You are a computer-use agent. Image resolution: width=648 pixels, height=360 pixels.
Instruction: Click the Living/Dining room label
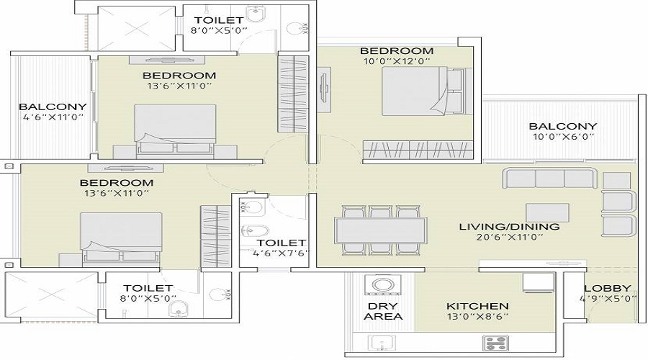coord(509,227)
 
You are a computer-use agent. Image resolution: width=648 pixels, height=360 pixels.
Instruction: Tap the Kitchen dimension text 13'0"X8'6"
coord(477,317)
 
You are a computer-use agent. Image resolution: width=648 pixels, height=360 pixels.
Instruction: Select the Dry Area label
coord(383,311)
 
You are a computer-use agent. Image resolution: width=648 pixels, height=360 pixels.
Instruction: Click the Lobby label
coord(608,289)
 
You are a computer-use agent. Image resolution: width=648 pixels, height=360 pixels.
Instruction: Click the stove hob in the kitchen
coord(495,343)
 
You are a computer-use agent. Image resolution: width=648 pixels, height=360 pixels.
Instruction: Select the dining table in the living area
coord(381,230)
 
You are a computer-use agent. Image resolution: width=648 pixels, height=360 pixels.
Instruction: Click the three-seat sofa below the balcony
coord(550,178)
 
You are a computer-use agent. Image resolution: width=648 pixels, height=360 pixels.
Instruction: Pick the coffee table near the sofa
coord(547,212)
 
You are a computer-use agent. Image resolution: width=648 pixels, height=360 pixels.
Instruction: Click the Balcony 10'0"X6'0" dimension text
coord(563,137)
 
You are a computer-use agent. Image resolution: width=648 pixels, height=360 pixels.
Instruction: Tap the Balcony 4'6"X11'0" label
coord(53,112)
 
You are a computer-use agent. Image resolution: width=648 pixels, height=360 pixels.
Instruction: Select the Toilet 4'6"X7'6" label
coord(281,248)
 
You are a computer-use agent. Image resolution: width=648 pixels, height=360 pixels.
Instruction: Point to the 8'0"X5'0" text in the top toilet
coord(219,30)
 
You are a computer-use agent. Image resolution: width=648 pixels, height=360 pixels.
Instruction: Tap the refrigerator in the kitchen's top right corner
coord(538,282)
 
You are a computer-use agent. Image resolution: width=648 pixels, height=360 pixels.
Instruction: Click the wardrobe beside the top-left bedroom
coord(293,94)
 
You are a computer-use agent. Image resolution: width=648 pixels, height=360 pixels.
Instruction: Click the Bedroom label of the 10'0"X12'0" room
coord(397,51)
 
